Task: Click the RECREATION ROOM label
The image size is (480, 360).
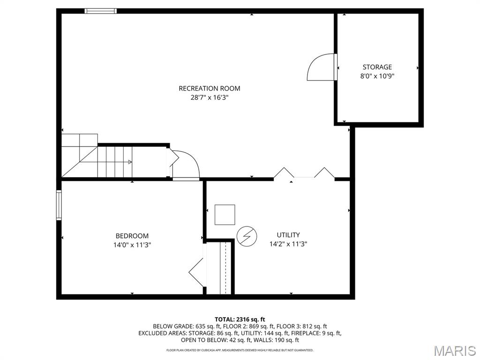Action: (210, 89)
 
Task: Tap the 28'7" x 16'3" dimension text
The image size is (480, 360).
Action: (210, 98)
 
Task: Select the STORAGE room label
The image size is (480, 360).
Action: (377, 67)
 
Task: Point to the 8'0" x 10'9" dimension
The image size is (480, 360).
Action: (377, 76)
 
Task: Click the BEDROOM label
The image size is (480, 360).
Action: (132, 236)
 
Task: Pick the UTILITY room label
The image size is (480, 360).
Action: (288, 235)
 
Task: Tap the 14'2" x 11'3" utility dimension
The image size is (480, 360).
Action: (288, 244)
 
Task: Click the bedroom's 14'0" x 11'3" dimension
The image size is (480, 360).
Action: (132, 245)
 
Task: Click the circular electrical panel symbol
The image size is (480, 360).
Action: (247, 237)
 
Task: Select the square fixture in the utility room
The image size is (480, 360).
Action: (225, 215)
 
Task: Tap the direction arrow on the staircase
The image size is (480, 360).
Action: (130, 162)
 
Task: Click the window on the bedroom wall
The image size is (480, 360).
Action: (59, 205)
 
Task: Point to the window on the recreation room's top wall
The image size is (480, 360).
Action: (101, 11)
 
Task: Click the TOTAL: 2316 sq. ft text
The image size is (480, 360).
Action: (240, 320)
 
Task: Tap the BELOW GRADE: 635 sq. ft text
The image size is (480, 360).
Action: (187, 326)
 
